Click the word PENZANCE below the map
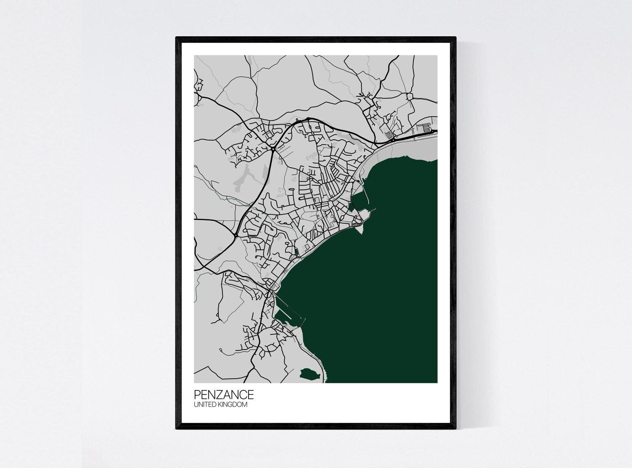click(x=224, y=395)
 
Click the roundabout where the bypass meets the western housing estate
click(x=273, y=148)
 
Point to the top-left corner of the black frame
click(x=177, y=38)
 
